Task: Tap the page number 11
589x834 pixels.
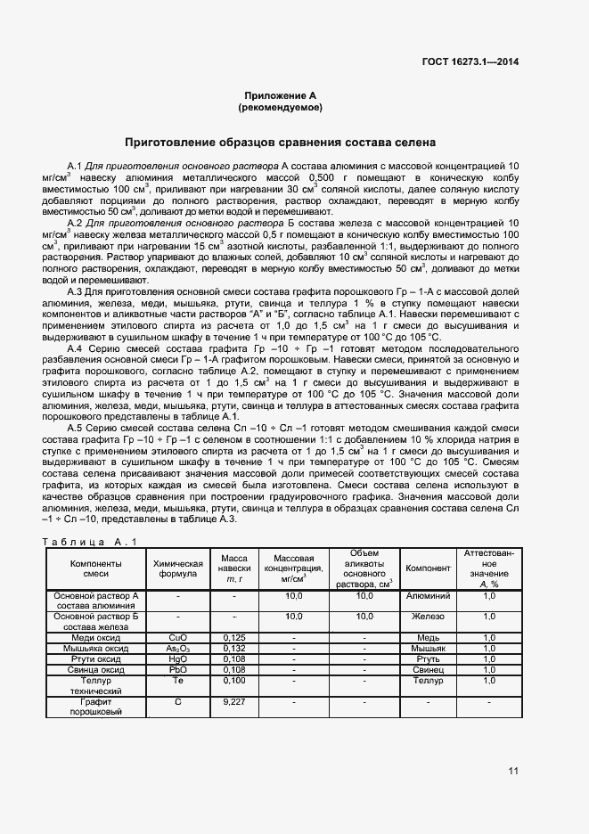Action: pos(513,771)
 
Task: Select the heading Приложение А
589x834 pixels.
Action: pos(281,95)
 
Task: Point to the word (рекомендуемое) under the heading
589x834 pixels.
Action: pos(281,107)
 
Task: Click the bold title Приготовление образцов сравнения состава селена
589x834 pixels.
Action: pos(280,141)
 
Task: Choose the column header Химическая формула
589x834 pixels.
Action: pos(178,568)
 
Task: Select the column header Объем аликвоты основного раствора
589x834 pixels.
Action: pos(364,568)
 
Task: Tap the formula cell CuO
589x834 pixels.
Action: pos(178,637)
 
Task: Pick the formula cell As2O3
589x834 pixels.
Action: pos(178,649)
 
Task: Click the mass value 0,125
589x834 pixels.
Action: pos(234,637)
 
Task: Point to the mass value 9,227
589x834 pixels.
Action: pos(234,702)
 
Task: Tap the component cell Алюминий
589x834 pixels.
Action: pos(428,595)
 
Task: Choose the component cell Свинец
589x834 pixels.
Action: pos(428,670)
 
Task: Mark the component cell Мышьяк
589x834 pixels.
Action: pos(428,649)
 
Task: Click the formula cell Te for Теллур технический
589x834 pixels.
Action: pos(178,681)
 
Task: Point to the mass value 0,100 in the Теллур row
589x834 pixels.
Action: pos(234,681)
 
